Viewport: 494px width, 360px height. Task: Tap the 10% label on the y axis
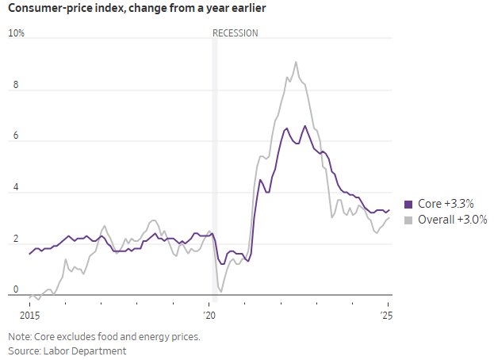tap(17, 33)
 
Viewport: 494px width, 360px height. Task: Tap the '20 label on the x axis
tap(210, 315)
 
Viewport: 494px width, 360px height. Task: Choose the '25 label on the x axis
tap(387, 315)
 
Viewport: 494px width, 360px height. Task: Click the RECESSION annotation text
tap(236, 33)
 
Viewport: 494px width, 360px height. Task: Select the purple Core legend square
tap(408, 204)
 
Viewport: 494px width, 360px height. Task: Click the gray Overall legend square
tap(408, 220)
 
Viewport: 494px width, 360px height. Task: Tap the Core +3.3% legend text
tap(446, 204)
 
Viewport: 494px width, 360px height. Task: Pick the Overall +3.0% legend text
tap(452, 220)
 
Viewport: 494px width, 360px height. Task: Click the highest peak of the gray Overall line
tap(296, 62)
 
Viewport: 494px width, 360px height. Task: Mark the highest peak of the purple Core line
tap(305, 126)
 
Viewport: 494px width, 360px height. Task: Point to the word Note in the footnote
tap(19, 336)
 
